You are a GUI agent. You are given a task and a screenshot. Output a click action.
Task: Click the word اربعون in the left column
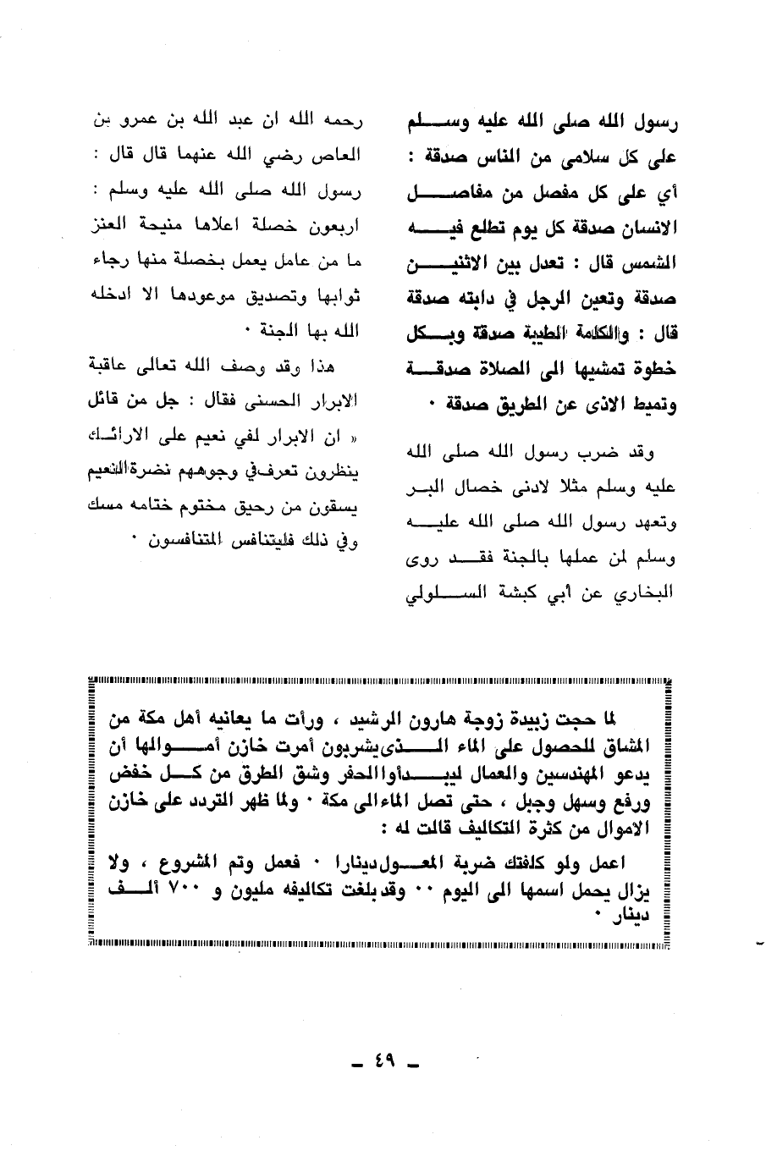335,226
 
